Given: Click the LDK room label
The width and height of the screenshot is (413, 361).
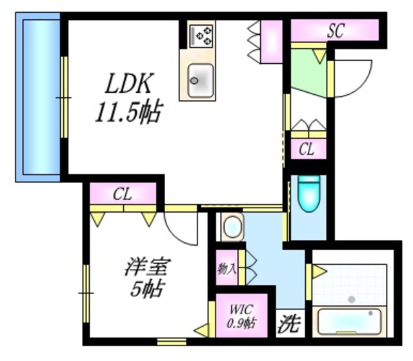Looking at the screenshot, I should (x=129, y=84).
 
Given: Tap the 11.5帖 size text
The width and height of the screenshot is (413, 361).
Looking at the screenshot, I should (x=128, y=113).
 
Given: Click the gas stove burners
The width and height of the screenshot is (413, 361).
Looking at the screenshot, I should (x=203, y=35).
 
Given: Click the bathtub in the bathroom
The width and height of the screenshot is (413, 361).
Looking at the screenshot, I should (x=350, y=320).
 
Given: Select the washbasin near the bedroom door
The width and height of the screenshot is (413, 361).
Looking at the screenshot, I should (x=231, y=227).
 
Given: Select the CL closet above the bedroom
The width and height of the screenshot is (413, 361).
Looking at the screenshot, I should (x=123, y=193).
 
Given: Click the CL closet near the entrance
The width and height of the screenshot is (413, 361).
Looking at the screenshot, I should (x=307, y=150).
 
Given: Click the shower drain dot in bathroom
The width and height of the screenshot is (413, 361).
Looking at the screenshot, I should (x=351, y=299).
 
